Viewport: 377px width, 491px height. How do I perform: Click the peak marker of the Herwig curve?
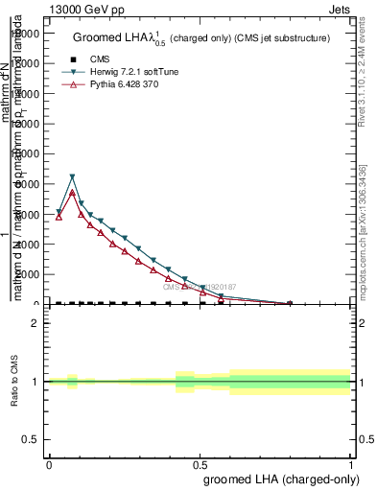72,177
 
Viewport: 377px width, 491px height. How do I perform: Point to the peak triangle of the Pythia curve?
72,193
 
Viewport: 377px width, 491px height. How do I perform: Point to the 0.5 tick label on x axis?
200,463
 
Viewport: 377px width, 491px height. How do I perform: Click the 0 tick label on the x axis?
49,463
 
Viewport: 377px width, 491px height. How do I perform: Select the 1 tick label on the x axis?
351,463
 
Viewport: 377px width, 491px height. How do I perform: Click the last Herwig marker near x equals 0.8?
291,304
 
